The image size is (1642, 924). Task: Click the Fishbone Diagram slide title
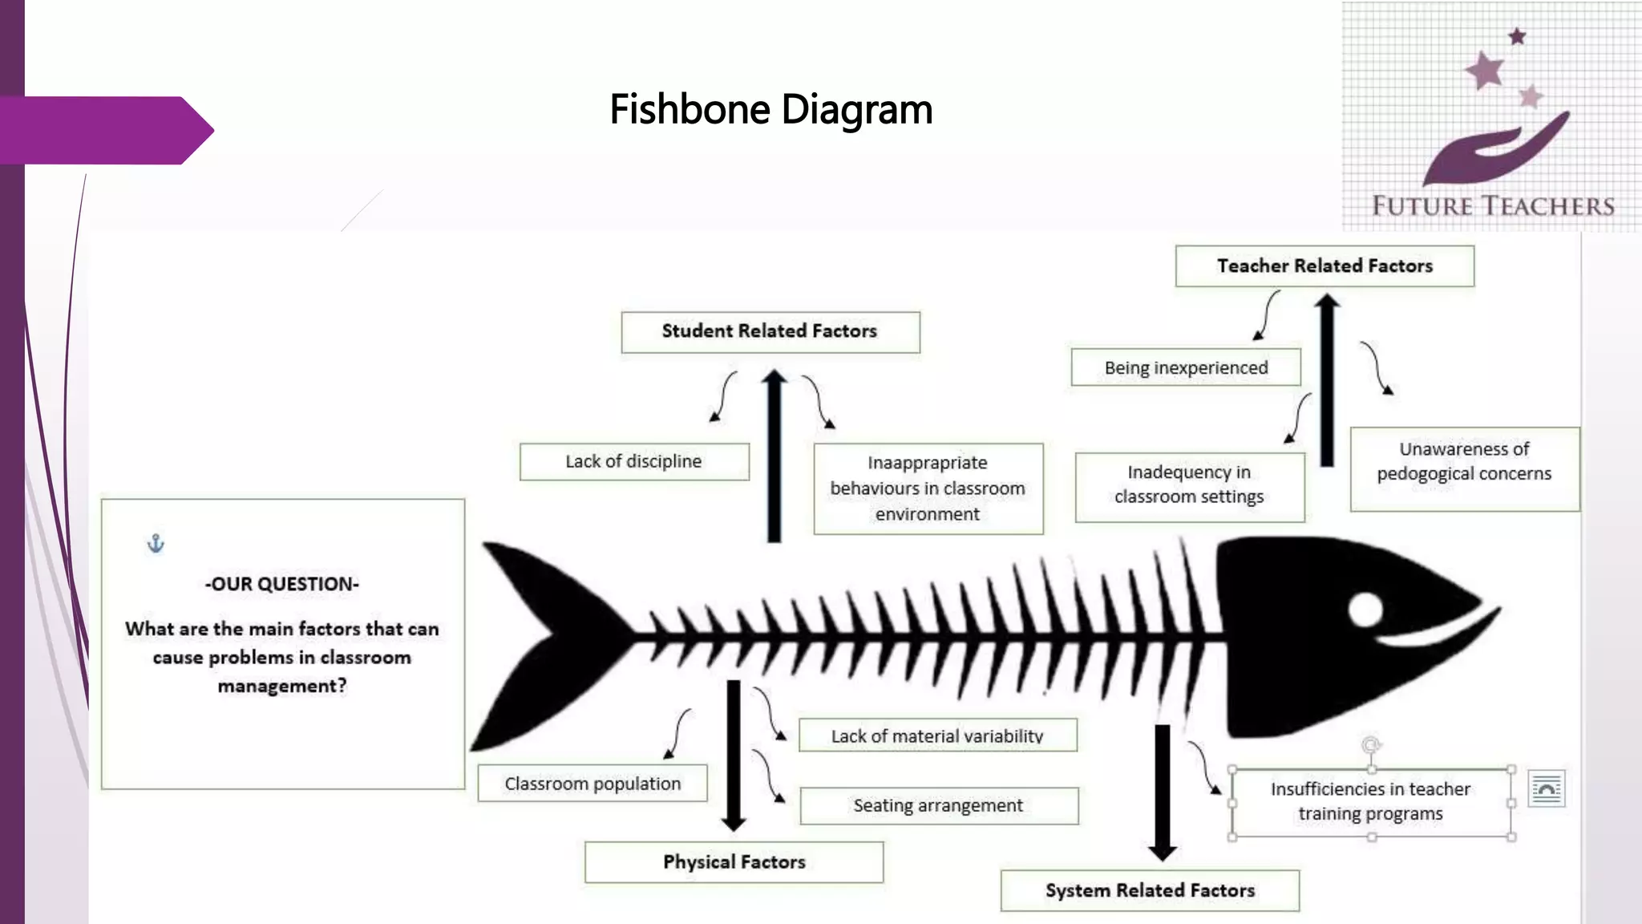(770, 110)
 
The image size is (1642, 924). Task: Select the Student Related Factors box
(770, 331)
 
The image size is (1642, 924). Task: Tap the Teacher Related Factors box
(1325, 265)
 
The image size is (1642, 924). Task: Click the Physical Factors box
(734, 861)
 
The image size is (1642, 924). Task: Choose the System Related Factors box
(1150, 890)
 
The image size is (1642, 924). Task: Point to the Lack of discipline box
(633, 461)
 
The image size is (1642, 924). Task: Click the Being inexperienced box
(1186, 367)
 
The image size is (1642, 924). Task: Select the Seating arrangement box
(938, 805)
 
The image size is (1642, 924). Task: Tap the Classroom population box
(592, 784)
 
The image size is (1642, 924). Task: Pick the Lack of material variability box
(937, 736)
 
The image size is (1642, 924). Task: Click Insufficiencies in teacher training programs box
(1370, 801)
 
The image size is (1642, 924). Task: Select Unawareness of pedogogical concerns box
(1464, 468)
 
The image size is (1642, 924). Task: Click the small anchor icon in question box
(156, 544)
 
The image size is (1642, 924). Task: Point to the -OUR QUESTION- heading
(281, 584)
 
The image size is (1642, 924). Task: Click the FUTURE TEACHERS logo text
(1493, 206)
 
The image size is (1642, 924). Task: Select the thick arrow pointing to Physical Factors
(733, 754)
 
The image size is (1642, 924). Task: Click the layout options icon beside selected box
(1547, 789)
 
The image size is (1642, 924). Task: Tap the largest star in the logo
(1485, 70)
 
